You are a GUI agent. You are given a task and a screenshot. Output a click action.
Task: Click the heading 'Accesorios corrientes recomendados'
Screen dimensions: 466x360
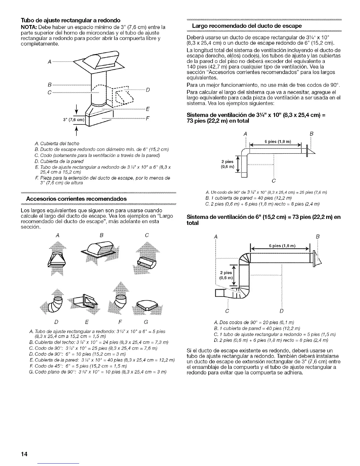(x=74, y=199)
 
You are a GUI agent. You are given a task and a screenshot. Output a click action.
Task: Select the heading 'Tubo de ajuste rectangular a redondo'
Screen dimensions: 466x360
(x=71, y=20)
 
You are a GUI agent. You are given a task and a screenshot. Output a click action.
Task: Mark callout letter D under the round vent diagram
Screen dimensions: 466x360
(x=282, y=311)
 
